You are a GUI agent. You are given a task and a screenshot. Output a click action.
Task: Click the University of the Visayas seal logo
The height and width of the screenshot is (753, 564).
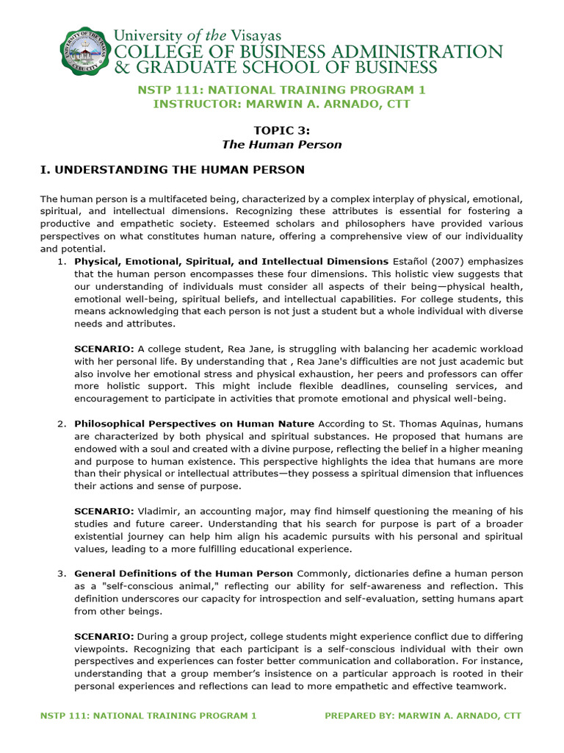point(84,50)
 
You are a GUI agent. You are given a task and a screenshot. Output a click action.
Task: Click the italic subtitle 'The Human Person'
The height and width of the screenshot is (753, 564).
point(282,144)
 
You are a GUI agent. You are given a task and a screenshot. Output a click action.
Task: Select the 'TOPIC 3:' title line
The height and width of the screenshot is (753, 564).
point(282,130)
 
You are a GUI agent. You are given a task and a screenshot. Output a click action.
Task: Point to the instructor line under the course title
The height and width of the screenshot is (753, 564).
point(282,104)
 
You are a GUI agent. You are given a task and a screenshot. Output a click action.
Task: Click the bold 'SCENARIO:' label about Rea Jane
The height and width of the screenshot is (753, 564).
point(104,349)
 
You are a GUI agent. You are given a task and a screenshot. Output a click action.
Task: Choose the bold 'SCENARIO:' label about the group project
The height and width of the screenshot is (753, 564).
point(104,636)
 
